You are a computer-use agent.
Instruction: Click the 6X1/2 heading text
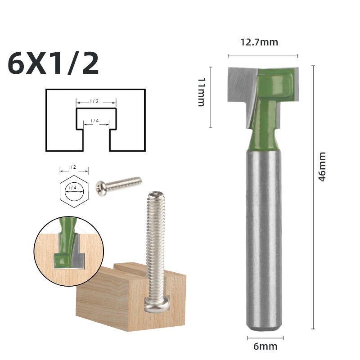53,63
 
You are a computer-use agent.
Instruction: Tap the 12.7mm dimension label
259,42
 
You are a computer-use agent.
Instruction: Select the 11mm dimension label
201,92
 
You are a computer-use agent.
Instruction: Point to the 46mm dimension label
322,166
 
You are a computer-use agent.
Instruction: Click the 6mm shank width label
265,346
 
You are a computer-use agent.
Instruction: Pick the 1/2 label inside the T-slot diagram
94,101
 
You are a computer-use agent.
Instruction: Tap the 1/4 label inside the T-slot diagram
94,121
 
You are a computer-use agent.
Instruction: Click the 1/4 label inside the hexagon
72,188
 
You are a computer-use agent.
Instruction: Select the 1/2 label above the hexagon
72,167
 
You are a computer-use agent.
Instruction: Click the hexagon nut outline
60,192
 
